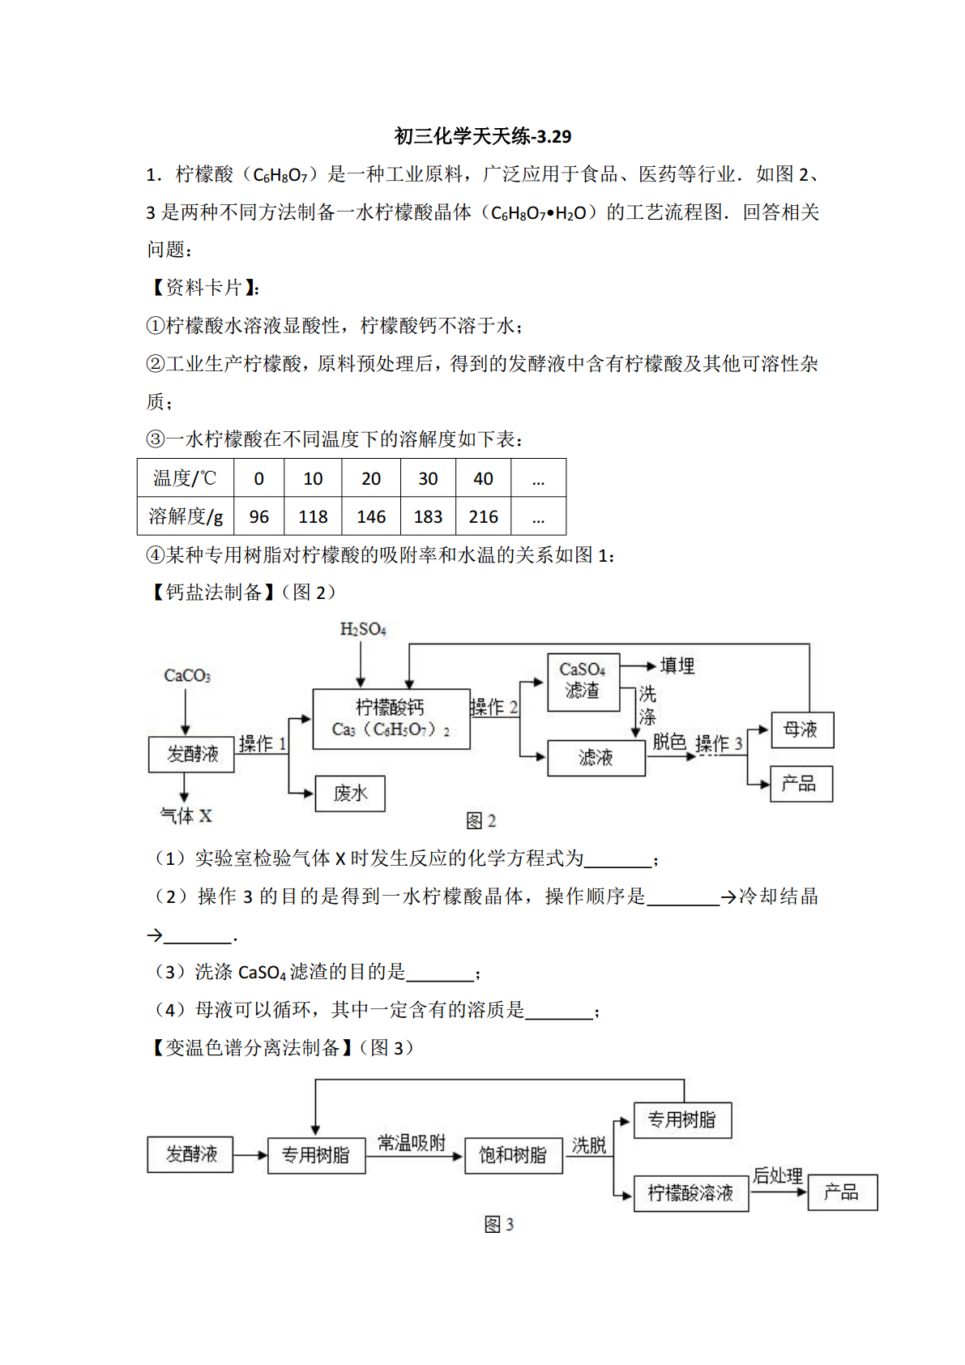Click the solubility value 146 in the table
pos(370,517)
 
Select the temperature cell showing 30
pos(428,478)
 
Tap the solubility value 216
pos(483,517)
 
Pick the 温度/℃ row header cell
pos(186,478)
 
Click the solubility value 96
pos(259,517)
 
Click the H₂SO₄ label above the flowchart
pos(363,629)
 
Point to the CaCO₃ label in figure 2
pos(187,675)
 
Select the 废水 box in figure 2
pos(350,794)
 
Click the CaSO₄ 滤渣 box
pos(583,682)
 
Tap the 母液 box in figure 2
pos(802,730)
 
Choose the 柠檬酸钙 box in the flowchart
pos(391,719)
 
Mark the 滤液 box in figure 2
pos(596,758)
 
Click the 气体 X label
pos(186,815)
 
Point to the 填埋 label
pos(677,665)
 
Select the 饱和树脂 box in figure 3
pos(514,1155)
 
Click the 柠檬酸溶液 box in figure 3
pos(691,1193)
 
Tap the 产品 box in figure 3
pos(843,1192)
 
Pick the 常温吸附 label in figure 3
pos(412,1143)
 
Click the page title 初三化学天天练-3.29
pos(483,136)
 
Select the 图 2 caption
pos(481,821)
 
